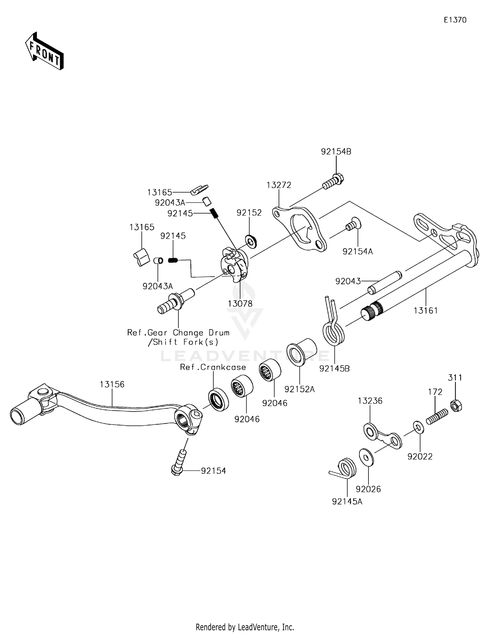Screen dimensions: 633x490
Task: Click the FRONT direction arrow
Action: pos(44,51)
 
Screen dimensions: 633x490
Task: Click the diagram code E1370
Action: pos(455,20)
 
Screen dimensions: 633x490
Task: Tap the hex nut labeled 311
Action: pos(456,406)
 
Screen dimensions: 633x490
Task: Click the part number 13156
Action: pos(112,384)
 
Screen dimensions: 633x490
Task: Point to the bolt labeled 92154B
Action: pos(333,182)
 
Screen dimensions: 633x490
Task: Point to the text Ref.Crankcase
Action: pos(213,367)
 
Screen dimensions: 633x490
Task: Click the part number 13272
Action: pos(279,185)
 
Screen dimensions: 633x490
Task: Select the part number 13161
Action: pos(426,310)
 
